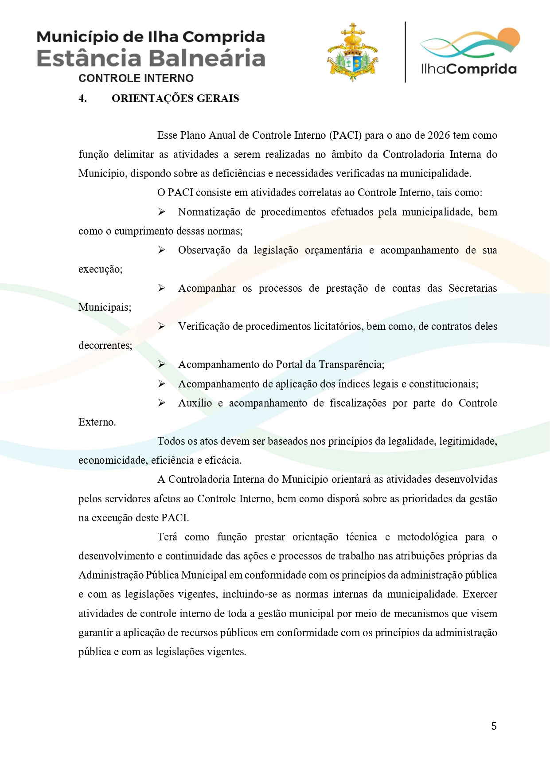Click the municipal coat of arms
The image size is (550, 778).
[353, 52]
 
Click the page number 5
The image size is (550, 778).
[494, 726]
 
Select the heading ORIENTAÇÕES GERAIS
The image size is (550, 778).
[175, 98]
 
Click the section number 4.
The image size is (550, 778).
[82, 98]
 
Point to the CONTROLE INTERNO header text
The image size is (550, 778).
[136, 78]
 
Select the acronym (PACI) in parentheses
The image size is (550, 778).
[347, 135]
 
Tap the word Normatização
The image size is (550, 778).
[209, 212]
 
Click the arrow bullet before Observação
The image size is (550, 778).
[162, 250]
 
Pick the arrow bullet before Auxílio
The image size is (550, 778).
[162, 403]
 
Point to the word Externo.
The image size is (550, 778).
[97, 422]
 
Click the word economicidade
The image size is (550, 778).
[113, 460]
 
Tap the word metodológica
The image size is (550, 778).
[427, 537]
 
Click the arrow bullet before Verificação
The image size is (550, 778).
[162, 326]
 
